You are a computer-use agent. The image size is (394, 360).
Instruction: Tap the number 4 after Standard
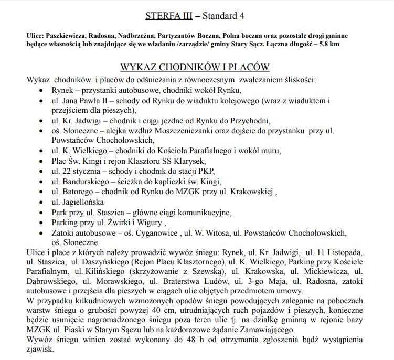(241, 15)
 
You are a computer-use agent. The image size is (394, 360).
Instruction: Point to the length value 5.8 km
(328, 44)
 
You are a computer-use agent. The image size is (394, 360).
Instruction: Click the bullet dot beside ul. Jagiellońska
(42, 202)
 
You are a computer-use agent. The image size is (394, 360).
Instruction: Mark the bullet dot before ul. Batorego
(42, 192)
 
